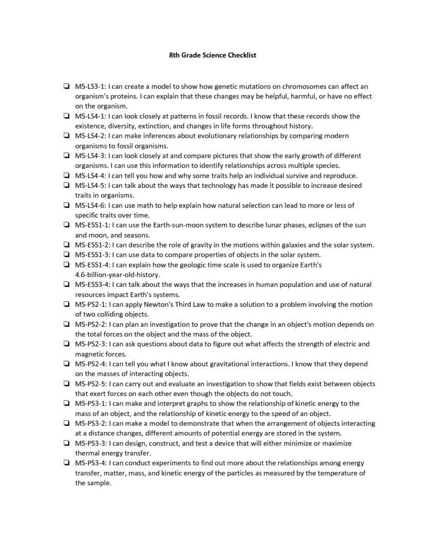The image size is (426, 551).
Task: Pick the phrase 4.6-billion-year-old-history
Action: (118, 274)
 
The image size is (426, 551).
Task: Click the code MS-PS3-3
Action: (90, 443)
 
